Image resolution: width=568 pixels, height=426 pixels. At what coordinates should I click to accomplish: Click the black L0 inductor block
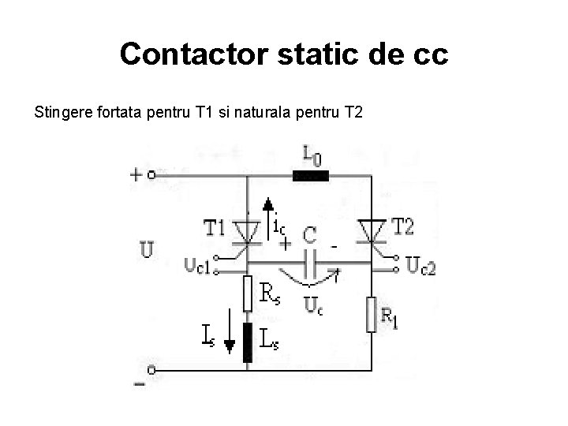coord(310,176)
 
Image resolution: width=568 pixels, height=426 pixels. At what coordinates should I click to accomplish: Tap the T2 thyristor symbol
coord(372,231)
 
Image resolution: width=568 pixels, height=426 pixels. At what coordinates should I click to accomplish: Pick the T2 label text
coord(403,227)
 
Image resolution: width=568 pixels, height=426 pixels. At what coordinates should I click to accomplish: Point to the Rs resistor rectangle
coord(248,294)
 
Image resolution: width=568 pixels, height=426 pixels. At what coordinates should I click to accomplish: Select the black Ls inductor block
coord(248,342)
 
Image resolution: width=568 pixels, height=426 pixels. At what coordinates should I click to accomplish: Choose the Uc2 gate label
coord(421,266)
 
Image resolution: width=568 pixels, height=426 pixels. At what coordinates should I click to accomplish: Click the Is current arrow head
coord(230,346)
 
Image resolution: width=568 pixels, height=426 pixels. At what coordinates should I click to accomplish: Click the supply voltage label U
coord(148,250)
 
